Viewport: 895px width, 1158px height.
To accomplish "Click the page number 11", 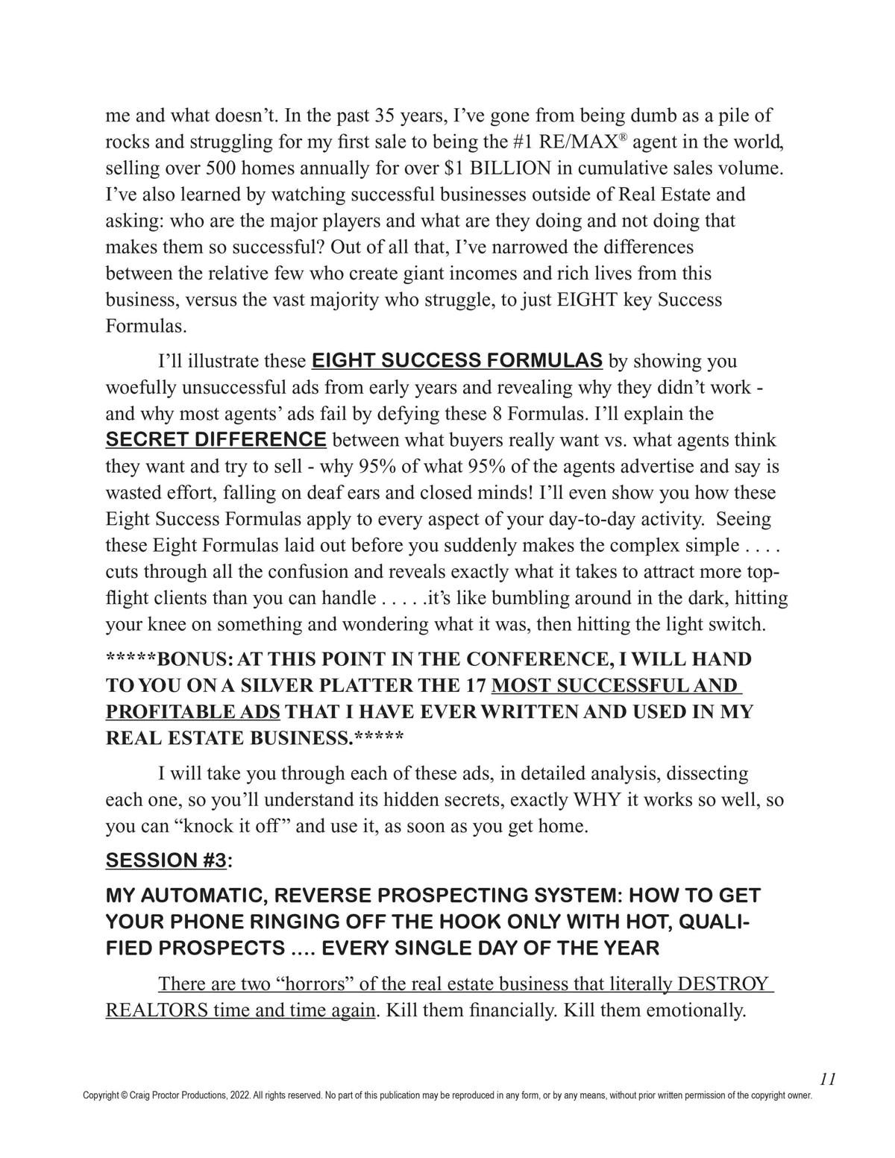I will (827, 1079).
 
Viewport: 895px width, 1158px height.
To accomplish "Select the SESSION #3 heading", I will (166, 860).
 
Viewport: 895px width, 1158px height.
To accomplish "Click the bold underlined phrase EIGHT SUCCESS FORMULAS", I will (456, 360).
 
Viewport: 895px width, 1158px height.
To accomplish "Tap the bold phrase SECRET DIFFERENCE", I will (216, 439).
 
